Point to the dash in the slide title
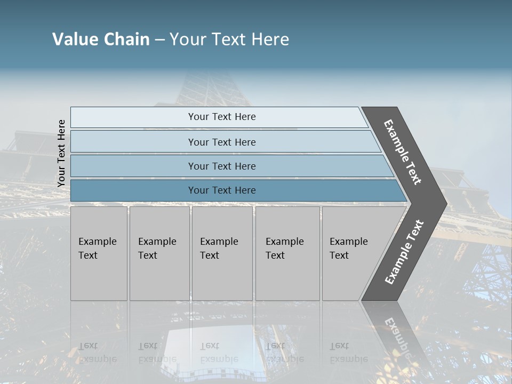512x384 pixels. (x=160, y=40)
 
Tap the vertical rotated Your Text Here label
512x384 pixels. (x=61, y=153)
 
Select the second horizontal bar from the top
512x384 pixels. (x=221, y=142)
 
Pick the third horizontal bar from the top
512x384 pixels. (x=221, y=166)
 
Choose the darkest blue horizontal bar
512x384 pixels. (x=221, y=190)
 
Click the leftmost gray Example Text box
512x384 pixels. (x=99, y=253)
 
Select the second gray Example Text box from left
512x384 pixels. (x=159, y=253)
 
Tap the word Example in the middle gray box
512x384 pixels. (x=219, y=242)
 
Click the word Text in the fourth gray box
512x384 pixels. (x=275, y=255)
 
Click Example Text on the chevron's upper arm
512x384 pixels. (x=403, y=152)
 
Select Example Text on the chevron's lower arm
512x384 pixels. (x=404, y=252)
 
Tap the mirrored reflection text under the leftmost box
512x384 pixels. (x=98, y=353)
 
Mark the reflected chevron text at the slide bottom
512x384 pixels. (x=397, y=336)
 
